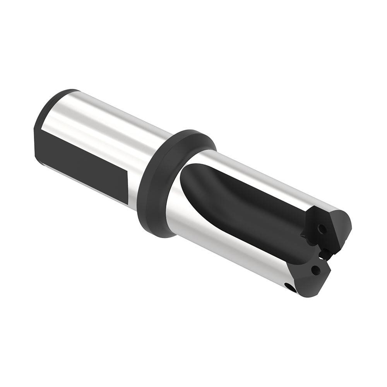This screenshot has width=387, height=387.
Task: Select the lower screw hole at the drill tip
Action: coord(317,269)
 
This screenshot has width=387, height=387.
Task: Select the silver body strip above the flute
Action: coord(263,174)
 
